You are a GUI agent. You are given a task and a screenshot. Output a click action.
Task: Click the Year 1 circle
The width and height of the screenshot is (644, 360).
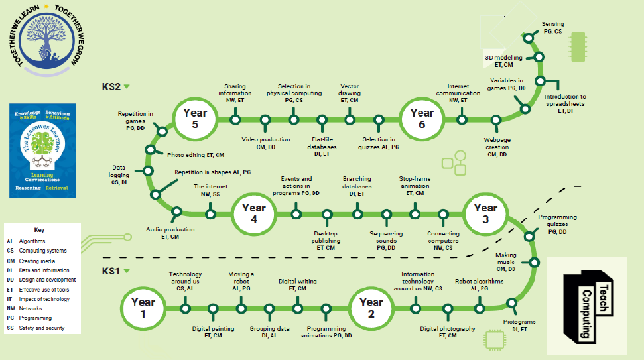143,307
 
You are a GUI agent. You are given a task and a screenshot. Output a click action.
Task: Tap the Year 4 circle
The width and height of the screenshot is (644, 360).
253,213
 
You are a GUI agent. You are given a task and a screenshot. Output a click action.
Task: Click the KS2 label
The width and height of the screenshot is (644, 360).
110,86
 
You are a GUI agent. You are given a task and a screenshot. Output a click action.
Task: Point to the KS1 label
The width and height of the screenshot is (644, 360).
110,270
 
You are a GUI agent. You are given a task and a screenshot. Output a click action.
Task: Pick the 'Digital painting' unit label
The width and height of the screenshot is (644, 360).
214,331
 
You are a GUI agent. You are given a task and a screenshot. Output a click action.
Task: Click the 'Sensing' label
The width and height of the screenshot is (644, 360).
552,27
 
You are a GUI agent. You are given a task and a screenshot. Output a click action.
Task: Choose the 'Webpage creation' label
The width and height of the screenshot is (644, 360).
497,150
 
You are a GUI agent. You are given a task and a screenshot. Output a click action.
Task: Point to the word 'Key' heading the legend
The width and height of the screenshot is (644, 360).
40,230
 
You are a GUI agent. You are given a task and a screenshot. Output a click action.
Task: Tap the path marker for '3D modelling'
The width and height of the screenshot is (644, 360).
539,58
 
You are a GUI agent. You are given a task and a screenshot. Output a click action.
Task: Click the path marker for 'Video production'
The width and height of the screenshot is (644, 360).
265,120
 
